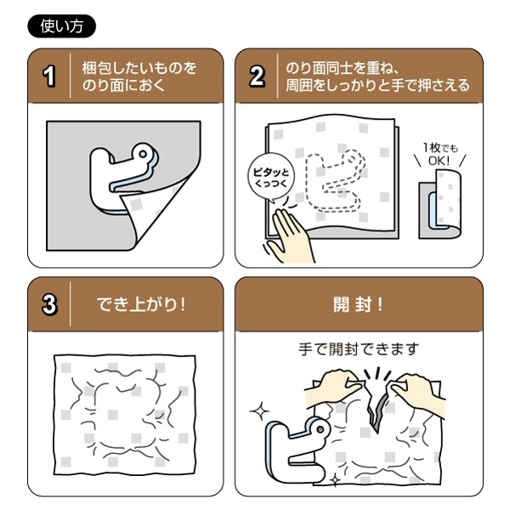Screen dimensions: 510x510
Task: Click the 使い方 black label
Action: pos(62,25)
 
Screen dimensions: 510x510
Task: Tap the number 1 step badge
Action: pos(49,77)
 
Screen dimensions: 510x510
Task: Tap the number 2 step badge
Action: pos(257,77)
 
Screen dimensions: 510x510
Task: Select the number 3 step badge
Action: pos(49,304)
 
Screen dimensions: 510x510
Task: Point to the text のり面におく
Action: pos(123,86)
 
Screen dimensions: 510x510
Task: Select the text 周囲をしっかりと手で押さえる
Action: pos(375,86)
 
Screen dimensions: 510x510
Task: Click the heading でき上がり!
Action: pos(139,304)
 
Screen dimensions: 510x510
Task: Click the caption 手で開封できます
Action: pos(351,348)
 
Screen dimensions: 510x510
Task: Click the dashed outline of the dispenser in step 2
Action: pos(336,183)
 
